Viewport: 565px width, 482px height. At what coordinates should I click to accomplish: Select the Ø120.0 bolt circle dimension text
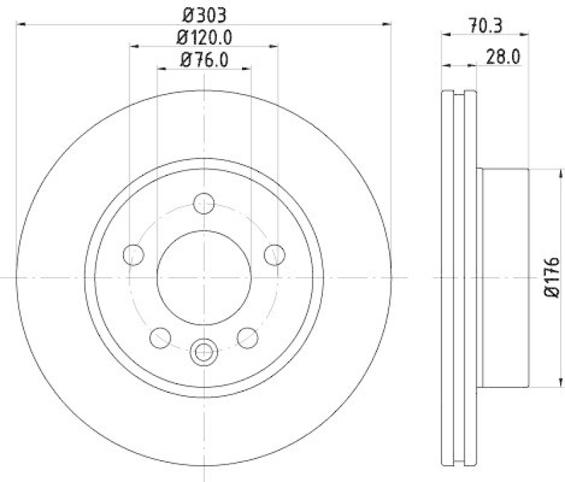click(203, 36)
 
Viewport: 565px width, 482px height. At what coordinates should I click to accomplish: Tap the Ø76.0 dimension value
click(203, 60)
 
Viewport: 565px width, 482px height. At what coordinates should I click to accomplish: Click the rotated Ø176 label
click(552, 277)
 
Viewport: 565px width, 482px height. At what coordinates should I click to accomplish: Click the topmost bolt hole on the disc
click(203, 202)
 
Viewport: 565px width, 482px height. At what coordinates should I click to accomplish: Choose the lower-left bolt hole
click(160, 337)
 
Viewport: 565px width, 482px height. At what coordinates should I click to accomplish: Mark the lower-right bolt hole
click(247, 337)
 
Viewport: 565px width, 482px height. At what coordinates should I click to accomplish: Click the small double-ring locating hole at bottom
click(203, 349)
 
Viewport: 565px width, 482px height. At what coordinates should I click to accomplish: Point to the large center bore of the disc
click(203, 277)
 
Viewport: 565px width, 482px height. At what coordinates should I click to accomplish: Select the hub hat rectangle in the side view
click(503, 277)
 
